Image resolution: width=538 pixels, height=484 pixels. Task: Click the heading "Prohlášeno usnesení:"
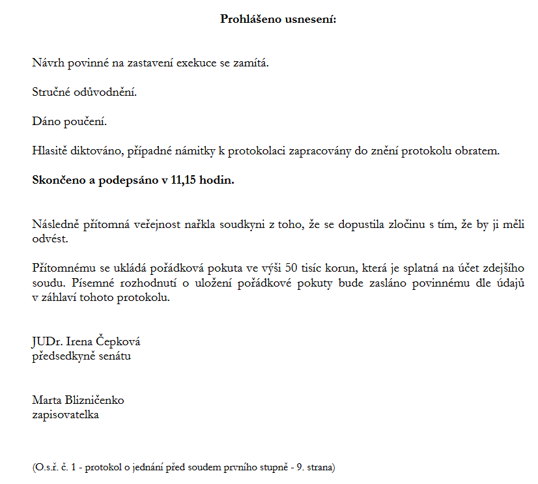277,19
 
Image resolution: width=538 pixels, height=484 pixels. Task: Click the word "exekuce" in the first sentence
198,63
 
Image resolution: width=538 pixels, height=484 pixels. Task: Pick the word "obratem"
479,151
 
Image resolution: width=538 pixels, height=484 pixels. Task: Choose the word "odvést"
50,238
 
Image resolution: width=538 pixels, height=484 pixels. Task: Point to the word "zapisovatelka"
65,414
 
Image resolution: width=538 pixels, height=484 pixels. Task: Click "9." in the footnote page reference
298,467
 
